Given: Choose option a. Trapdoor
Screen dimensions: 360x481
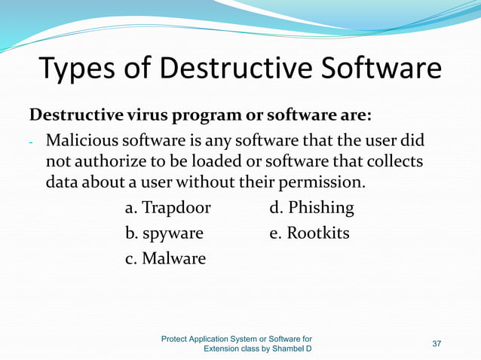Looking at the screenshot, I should pos(167,208).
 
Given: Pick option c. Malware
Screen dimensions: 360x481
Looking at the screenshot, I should pos(165,258).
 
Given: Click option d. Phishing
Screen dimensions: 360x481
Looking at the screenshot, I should pos(311,208).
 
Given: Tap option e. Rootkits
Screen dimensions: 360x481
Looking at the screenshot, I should pos(309,233).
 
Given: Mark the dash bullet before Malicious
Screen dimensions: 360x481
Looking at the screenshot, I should pos(32,142).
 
